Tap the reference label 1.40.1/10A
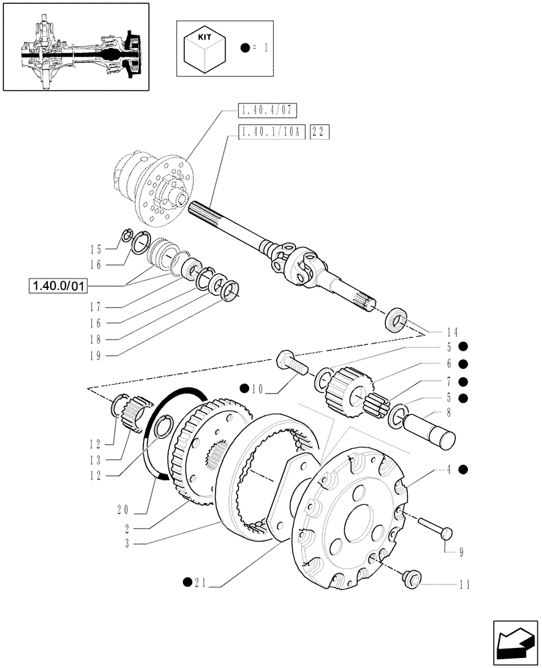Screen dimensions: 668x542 pos(271,133)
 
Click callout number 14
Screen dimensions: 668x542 pos(453,331)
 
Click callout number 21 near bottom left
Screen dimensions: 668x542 pos(198,587)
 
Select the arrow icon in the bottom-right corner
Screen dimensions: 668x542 pos(515,640)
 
